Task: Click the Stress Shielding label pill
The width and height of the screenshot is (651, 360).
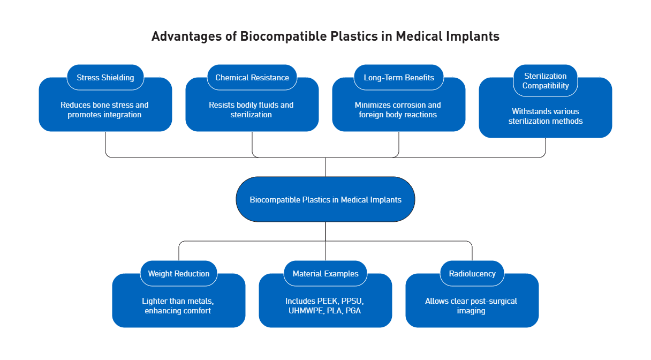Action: pos(105,77)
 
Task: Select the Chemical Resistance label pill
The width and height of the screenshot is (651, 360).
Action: pos(252,77)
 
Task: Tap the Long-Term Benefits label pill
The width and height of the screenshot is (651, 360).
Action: pos(399,77)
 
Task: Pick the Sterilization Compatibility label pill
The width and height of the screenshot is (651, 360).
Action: pos(546,81)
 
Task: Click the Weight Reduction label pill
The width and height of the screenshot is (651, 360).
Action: pos(179,273)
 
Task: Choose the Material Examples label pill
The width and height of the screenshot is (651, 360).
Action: pos(325,273)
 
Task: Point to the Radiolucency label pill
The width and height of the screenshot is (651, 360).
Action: pos(472,273)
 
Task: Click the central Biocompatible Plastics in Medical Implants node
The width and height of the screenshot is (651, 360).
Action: pos(325,199)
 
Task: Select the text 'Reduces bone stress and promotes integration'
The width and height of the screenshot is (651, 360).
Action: pos(104,110)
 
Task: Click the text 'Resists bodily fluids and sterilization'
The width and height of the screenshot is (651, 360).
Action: pos(251,110)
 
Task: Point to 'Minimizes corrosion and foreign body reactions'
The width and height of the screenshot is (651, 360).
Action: pos(398,110)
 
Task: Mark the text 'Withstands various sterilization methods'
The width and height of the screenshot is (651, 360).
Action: pos(546,116)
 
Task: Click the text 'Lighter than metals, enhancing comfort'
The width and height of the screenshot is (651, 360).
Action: pos(178,305)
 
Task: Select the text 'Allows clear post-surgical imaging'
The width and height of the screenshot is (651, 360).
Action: pos(471,305)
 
